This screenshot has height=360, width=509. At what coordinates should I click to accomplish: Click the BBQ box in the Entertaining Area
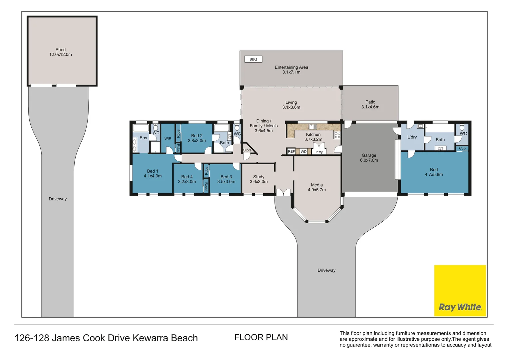253,59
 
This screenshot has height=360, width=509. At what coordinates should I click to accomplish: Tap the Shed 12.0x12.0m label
61,52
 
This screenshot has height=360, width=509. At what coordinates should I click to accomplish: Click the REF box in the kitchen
291,152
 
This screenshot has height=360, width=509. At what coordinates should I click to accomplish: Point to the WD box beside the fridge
303,152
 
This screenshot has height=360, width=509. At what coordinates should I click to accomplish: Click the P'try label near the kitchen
319,152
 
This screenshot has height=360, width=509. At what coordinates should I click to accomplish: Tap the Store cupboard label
247,150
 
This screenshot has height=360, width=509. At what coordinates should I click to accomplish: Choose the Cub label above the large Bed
462,148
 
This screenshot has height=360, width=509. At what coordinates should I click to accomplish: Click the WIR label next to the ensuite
168,139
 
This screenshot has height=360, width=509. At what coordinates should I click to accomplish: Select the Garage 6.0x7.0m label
369,158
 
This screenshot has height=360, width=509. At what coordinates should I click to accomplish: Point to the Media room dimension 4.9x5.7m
317,190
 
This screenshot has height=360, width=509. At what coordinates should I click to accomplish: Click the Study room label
259,177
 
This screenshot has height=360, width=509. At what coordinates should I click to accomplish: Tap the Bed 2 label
197,136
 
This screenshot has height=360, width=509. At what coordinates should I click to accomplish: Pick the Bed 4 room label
187,177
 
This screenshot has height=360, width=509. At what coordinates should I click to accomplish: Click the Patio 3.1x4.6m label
370,105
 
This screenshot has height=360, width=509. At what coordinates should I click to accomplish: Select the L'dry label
412,137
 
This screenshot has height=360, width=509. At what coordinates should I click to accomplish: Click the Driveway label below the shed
58,199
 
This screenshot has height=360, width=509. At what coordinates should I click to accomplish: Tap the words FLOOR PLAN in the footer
261,337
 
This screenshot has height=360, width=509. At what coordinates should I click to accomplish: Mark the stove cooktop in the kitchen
337,135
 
